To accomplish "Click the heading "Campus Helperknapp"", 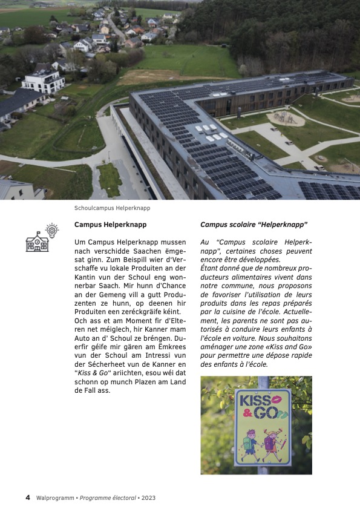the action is point(110,225).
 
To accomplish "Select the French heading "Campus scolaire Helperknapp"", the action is point(254,225).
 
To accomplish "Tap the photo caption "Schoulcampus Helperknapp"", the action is point(112,208).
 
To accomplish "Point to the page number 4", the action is point(28,498).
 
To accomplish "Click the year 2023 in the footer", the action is point(149,498).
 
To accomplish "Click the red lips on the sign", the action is point(278,399).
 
